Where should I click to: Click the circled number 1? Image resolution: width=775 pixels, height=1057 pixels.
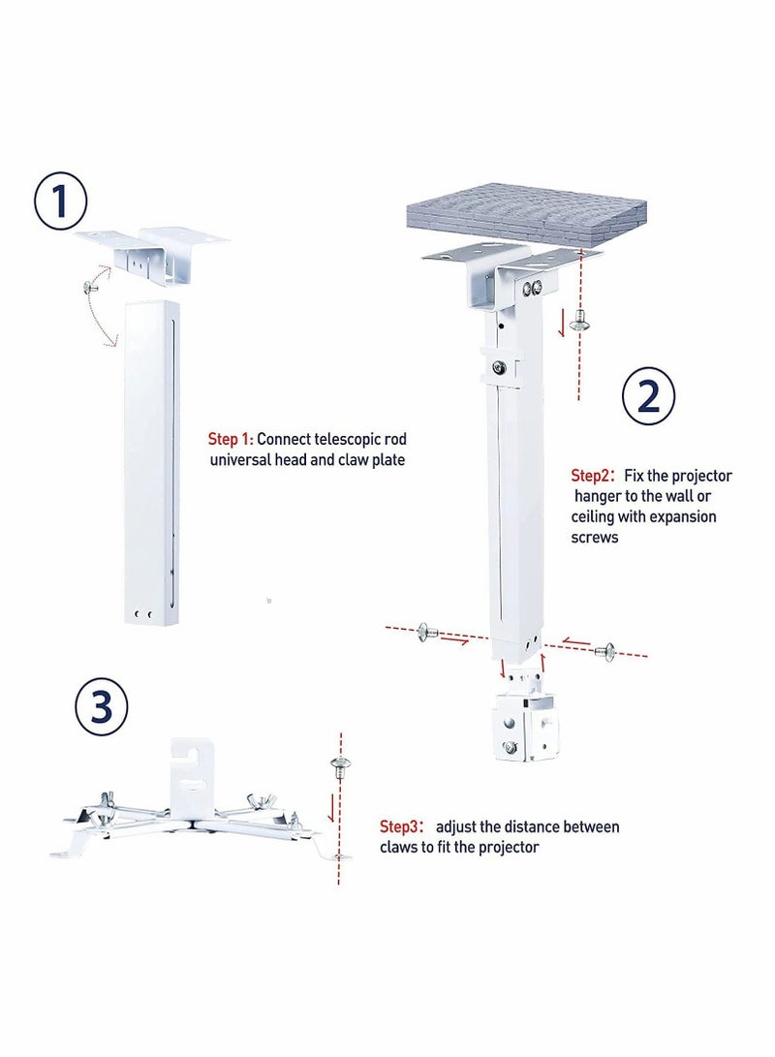pyautogui.click(x=60, y=202)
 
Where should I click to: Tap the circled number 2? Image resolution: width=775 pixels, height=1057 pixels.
pyautogui.click(x=647, y=395)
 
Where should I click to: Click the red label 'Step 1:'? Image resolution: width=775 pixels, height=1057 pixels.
pyautogui.click(x=231, y=439)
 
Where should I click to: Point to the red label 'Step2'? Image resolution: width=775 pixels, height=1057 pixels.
pyautogui.click(x=590, y=476)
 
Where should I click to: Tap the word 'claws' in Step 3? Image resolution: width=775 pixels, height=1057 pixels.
pyautogui.click(x=400, y=847)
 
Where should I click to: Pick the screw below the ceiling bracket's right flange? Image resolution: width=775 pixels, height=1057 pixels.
pyautogui.click(x=579, y=320)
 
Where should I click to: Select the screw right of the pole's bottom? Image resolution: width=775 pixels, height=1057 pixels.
pyautogui.click(x=605, y=651)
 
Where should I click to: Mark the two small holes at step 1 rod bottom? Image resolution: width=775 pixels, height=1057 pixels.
pyautogui.click(x=143, y=613)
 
